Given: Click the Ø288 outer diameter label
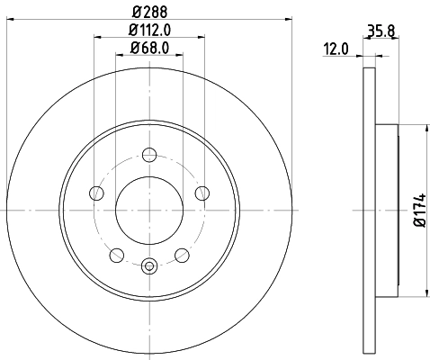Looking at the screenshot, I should click(x=149, y=12).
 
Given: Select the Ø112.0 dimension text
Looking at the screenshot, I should click(x=149, y=31).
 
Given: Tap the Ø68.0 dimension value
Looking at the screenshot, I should click(x=148, y=49).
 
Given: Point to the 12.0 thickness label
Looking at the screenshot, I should click(x=336, y=50).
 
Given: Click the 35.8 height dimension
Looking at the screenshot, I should click(x=381, y=31).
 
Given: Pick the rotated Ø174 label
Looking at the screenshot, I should click(x=418, y=210).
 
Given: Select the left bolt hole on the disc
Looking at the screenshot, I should click(x=96, y=192).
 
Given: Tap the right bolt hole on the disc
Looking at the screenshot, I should click(x=202, y=192).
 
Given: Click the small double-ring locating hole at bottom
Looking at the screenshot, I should click(x=149, y=265).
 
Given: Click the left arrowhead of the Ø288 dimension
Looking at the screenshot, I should click(x=9, y=18).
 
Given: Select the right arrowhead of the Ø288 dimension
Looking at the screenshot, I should click(x=291, y=18).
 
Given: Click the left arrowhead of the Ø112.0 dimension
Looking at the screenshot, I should click(x=96, y=37).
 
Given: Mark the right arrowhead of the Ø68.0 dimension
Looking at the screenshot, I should click(x=183, y=54).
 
